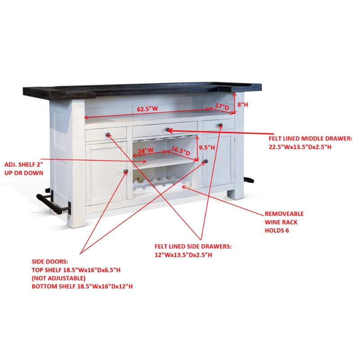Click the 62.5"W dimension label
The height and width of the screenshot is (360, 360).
(148, 108)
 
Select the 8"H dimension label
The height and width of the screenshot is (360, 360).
(243, 105)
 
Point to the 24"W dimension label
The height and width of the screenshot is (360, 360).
(145, 151)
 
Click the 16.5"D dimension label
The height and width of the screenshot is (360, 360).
(181, 151)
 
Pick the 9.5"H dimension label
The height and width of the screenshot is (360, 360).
(207, 148)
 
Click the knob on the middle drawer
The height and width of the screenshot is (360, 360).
(167, 130)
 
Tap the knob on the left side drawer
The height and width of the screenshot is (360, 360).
(108, 135)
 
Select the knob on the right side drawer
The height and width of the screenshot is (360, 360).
(220, 126)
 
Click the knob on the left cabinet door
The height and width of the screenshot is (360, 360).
(126, 171)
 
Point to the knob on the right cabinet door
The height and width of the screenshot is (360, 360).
(206, 162)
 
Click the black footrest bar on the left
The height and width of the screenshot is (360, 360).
(52, 202)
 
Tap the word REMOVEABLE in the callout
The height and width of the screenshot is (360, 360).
(284, 214)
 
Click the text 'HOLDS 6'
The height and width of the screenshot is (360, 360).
(277, 230)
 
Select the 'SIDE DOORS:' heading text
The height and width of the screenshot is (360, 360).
(50, 262)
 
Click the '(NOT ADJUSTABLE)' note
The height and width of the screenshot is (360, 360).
(58, 278)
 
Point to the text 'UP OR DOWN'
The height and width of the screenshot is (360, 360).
(24, 173)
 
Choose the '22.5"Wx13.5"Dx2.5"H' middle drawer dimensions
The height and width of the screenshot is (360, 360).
(300, 147)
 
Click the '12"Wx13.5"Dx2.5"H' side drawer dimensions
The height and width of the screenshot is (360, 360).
(183, 255)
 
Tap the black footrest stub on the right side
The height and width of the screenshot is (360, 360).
(249, 180)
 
